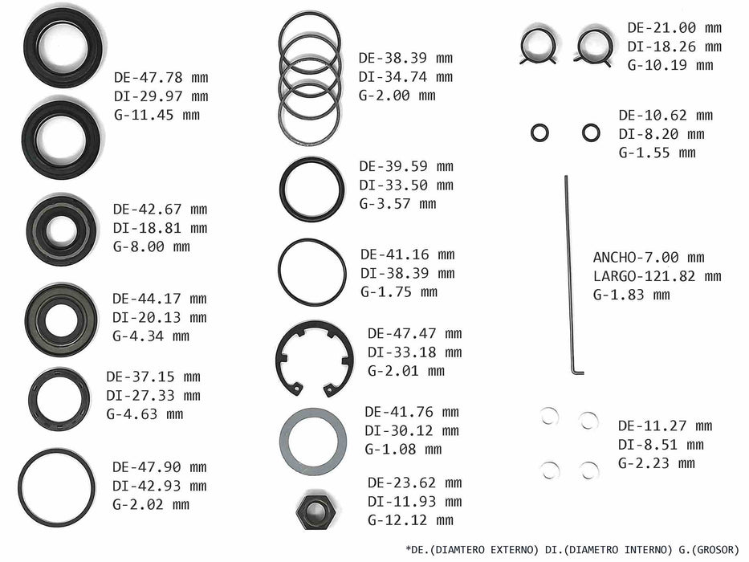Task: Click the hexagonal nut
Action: tap(314, 511)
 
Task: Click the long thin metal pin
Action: tap(569, 275)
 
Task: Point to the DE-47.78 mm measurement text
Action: tap(161, 77)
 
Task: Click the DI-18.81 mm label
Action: tap(160, 228)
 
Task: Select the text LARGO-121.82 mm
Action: tap(657, 276)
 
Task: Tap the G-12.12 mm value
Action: tap(410, 520)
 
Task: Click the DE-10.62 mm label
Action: tap(666, 115)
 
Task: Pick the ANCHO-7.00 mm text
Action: tap(649, 258)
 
